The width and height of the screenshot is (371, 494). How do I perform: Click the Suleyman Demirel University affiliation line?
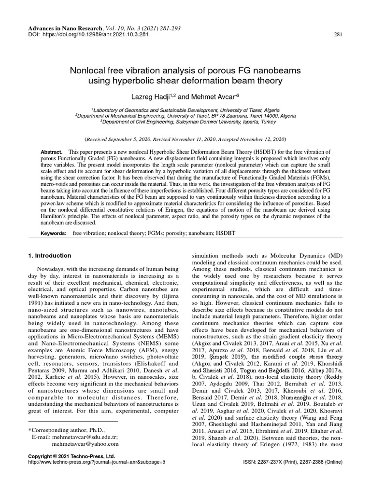point(185,122)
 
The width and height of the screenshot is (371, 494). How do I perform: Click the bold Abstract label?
point(52,152)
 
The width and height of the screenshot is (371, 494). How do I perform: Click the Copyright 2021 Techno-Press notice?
point(72,455)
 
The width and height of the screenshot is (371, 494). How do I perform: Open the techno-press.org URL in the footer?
point(97,462)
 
